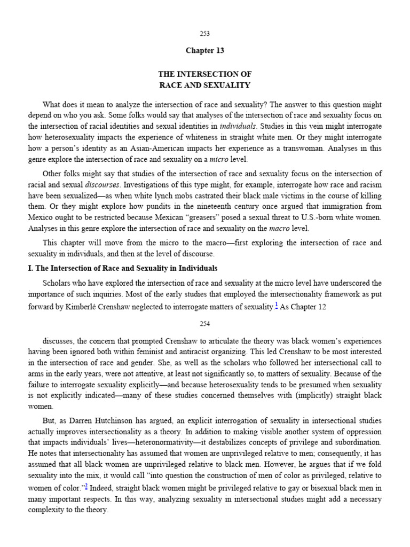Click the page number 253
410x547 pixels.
(205, 33)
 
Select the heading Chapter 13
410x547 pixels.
(205, 51)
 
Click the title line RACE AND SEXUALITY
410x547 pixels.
(205, 85)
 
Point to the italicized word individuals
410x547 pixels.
(238, 127)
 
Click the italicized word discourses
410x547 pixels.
(103, 184)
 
